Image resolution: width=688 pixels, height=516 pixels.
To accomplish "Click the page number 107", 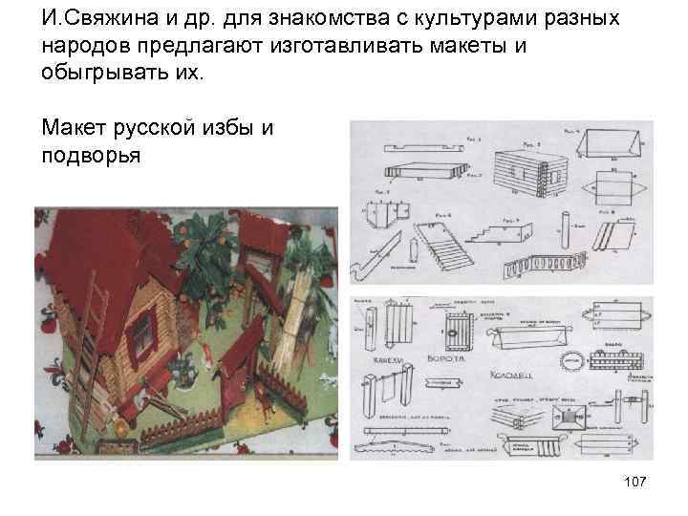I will [633, 484].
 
